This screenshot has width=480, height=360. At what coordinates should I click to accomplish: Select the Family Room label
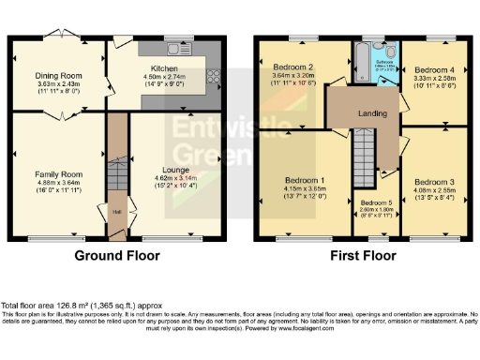click(59, 174)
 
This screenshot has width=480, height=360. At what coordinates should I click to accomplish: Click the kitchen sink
click(173, 48)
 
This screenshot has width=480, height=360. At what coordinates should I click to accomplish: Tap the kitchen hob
click(214, 79)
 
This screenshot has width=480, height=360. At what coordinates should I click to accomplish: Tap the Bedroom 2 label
click(292, 68)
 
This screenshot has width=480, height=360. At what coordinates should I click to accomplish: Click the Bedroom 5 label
click(376, 202)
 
